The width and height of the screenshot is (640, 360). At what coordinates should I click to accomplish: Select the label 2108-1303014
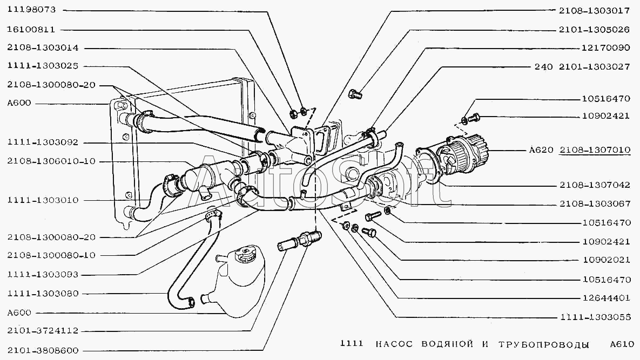point(43,47)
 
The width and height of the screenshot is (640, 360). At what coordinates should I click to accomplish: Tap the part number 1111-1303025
point(43,66)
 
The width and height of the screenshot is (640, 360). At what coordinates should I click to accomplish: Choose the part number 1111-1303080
point(43,294)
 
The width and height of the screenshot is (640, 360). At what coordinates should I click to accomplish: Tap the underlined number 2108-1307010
point(595,150)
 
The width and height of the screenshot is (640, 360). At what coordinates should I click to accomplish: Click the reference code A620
point(540,150)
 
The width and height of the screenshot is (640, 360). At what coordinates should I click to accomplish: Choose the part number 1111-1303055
point(595,317)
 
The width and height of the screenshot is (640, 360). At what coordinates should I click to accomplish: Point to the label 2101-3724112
point(43,330)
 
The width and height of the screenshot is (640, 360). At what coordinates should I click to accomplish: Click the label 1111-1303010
point(43,200)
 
